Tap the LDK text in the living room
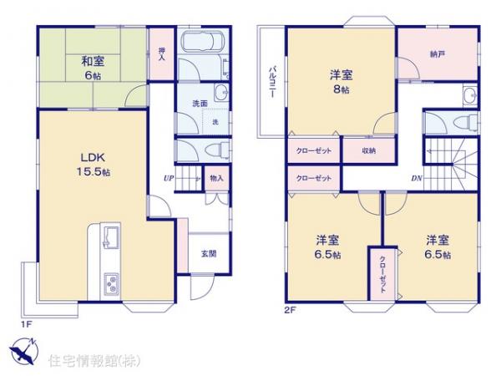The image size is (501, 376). pos(93,156)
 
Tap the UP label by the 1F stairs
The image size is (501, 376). pos(168,178)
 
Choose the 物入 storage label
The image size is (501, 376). pos(216,178)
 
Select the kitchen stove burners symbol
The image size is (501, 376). pos(111,284)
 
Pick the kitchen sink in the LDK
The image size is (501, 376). pos(111,238)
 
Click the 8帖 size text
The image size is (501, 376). pos(339,89)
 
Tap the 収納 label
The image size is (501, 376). pos(369,151)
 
